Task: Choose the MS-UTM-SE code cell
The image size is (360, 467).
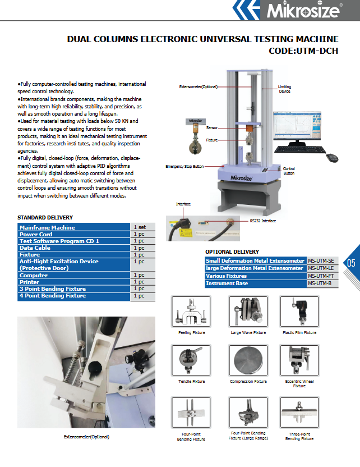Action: tap(323, 261)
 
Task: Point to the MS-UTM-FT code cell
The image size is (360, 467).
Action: tap(323, 276)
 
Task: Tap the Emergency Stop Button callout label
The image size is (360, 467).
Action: tap(184, 167)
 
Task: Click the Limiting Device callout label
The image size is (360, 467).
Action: tap(285, 89)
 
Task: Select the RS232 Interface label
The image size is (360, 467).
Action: tap(262, 221)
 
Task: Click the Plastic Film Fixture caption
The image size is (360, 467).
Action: tap(299, 333)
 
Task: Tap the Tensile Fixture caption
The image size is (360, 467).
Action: tap(191, 382)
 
